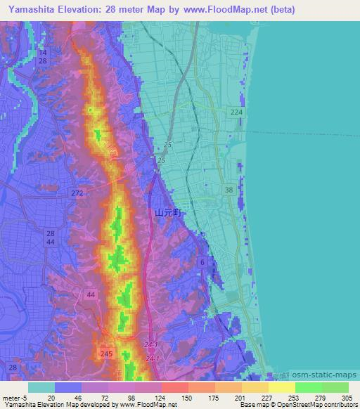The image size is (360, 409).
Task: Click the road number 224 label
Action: coord(236,112)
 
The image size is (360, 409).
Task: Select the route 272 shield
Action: coord(77,192)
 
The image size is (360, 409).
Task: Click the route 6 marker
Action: coord(202,262)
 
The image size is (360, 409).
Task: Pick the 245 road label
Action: coord(107,353)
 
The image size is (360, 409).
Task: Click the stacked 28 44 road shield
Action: coord(50,238)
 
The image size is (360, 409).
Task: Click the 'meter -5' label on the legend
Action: coord(15,396)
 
